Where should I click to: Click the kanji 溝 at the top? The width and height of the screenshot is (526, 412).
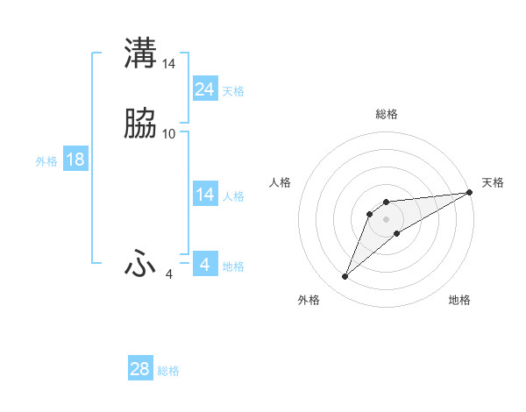point(140,53)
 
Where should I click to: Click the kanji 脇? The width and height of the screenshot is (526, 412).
point(140,124)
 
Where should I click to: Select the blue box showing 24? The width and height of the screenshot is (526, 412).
point(205,89)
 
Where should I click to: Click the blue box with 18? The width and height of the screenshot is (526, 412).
point(75,160)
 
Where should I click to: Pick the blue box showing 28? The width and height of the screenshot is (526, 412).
point(140,369)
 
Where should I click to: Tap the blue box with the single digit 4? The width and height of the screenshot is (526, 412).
point(205,264)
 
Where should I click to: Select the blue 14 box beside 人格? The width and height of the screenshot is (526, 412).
point(205,195)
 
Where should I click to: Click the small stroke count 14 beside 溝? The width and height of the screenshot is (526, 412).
point(169,63)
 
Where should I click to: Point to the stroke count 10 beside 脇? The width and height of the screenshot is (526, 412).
point(169,134)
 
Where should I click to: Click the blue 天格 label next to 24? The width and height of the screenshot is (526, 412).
point(233,91)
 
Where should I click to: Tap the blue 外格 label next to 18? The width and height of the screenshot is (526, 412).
point(46,161)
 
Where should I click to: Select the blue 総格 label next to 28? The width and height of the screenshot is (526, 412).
point(168,371)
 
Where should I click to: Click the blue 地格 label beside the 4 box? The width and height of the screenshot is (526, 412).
point(233,266)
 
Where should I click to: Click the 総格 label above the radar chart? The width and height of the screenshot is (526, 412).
point(387,114)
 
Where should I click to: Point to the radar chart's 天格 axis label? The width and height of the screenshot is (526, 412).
point(493,182)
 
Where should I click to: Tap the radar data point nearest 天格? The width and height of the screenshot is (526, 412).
point(470,192)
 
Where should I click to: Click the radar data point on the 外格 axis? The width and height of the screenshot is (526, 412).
point(345,277)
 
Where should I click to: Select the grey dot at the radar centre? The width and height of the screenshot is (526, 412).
point(387,218)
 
